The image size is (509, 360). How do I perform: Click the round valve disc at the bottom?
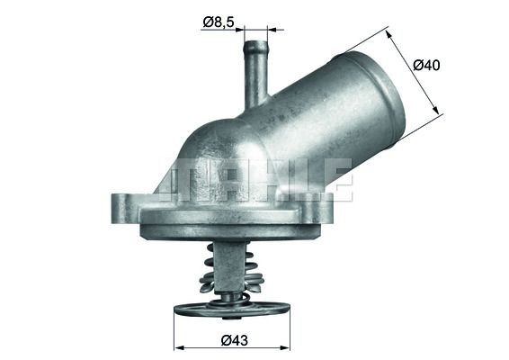pyautogui.click(x=231, y=310)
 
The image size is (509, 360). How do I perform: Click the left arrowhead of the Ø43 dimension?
pyautogui.click(x=177, y=346)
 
